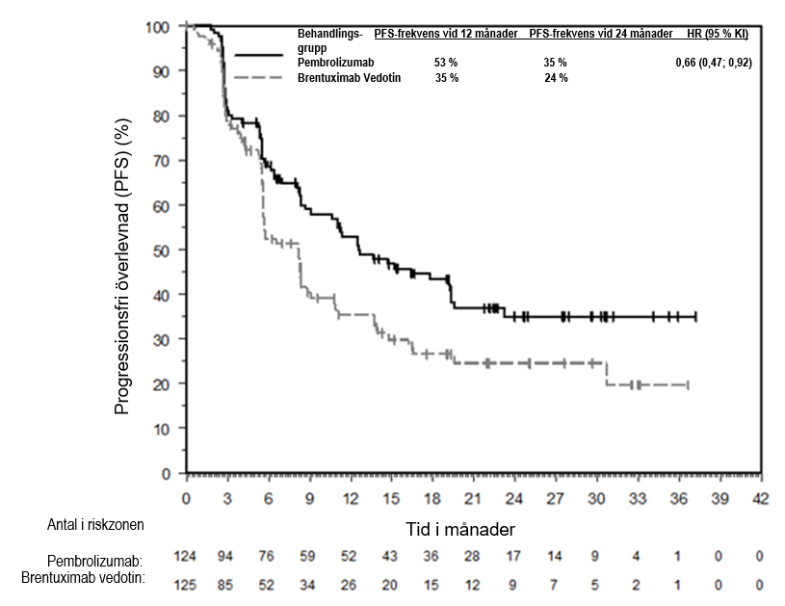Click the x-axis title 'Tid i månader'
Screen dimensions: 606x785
tap(459, 529)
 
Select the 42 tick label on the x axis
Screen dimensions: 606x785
tap(762, 500)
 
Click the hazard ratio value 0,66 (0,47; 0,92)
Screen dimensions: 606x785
tap(714, 63)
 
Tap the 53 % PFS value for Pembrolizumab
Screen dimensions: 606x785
tap(446, 63)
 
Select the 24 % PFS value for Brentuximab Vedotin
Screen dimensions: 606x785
tap(556, 78)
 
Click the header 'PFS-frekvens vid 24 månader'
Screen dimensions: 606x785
tap(601, 34)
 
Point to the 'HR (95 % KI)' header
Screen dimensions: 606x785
tap(717, 34)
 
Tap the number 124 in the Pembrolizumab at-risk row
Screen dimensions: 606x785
tap(186, 557)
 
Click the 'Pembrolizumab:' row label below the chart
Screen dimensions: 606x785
tap(95, 560)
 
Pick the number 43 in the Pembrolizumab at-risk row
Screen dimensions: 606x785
tap(391, 557)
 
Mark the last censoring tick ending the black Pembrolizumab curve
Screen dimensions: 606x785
tap(694, 316)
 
